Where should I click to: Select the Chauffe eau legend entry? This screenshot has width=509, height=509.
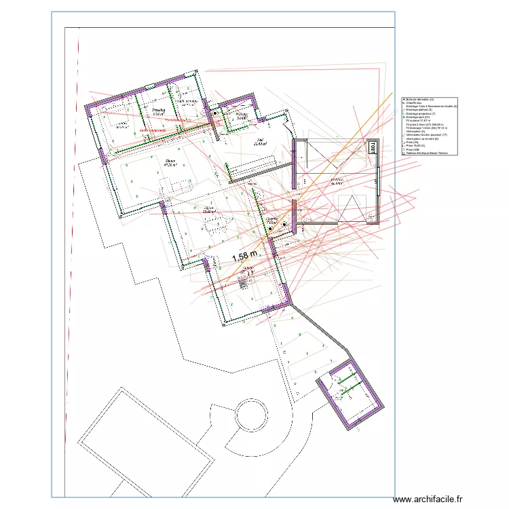415,103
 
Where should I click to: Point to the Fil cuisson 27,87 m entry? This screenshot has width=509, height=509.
421,121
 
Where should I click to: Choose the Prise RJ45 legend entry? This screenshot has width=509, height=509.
415,145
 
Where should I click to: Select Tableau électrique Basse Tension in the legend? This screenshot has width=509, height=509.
428,153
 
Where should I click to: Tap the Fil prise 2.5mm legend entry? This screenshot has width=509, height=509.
424,125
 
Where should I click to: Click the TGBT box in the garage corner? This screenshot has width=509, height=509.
372,147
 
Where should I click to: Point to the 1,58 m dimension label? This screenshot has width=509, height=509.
245,257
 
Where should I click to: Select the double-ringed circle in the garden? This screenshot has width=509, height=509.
251,415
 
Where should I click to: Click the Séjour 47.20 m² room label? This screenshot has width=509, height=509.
170,163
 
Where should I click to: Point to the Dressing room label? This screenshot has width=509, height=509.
159,111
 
